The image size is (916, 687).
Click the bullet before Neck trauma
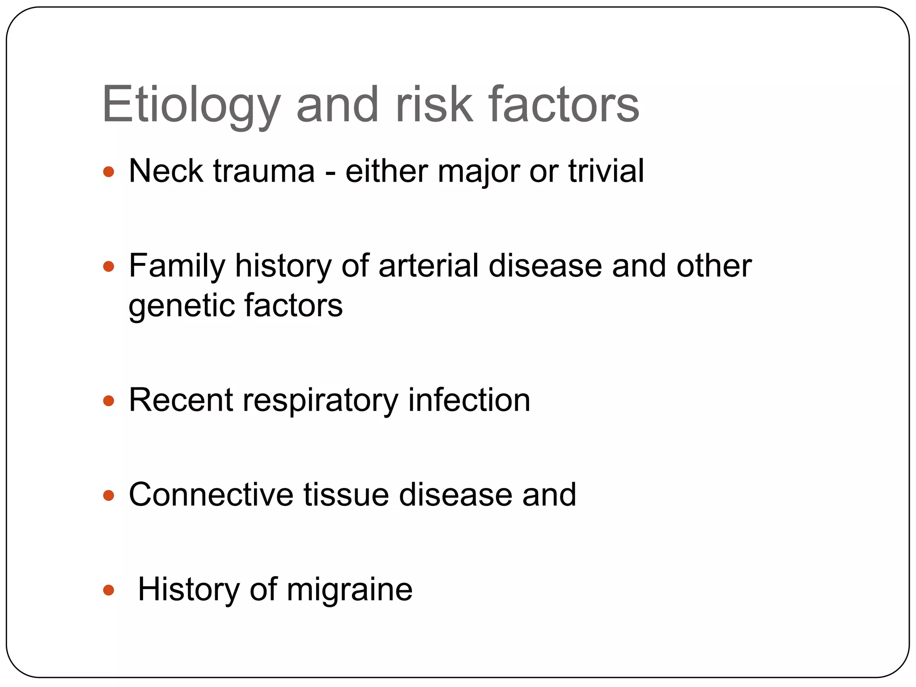click(x=109, y=172)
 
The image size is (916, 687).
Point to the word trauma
click(x=264, y=172)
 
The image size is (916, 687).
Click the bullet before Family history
click(x=109, y=267)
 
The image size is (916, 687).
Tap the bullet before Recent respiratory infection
click(x=109, y=401)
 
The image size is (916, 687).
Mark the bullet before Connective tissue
click(x=109, y=496)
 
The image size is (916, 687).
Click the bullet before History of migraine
click(x=109, y=590)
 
